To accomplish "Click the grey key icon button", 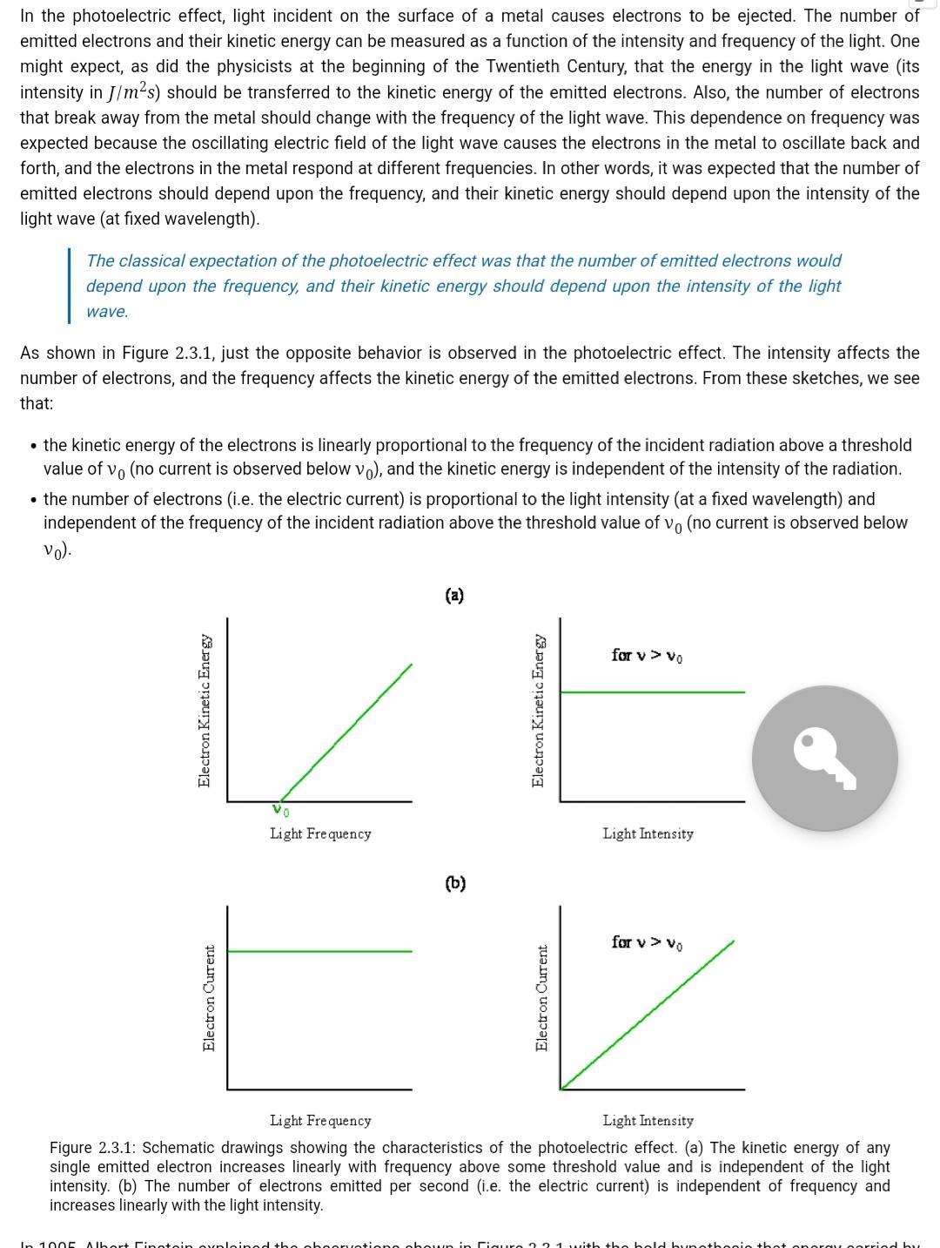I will tap(824, 758).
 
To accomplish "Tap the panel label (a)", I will tap(454, 596).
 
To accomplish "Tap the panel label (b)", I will tap(455, 883).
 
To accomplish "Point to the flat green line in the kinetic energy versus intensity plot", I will tap(653, 692).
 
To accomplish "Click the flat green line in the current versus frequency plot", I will tap(319, 951).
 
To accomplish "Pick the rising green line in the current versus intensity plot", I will tap(648, 1015).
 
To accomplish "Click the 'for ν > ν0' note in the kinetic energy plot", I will tap(647, 655).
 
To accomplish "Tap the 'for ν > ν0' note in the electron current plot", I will tap(647, 942).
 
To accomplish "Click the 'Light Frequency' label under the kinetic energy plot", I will tap(320, 833).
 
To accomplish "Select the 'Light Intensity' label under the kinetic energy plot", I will tap(648, 833).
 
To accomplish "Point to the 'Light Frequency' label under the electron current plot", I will tap(320, 1120).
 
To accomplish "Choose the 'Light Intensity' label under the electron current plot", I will tap(648, 1120).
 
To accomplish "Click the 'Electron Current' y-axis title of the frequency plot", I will tap(209, 998).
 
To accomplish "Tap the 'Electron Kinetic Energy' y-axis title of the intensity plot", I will tap(539, 711).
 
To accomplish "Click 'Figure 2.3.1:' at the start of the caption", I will tap(91, 1148).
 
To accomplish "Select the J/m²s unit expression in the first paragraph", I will tap(131, 92).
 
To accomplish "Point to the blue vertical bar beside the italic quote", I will tap(70, 286).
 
